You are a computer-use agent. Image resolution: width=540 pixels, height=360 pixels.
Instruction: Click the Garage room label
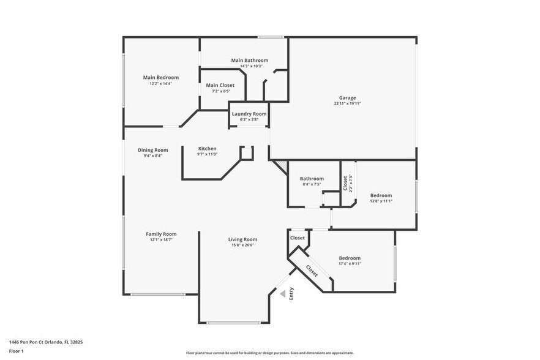347,98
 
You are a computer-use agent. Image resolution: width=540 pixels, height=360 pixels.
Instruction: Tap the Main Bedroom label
161,77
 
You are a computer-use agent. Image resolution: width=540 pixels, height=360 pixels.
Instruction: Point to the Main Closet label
220,85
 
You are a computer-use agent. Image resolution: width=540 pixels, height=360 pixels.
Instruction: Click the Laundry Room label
249,114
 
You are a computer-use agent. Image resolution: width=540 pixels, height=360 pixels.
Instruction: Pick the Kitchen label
207,149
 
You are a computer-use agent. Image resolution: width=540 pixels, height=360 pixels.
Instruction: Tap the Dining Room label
152,150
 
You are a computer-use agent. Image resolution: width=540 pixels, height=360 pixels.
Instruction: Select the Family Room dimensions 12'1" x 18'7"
161,240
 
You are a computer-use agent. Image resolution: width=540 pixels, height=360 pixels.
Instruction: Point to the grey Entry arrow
283,294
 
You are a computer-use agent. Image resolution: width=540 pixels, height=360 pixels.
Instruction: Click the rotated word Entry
291,293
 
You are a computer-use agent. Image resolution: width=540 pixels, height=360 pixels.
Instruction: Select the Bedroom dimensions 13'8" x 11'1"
381,201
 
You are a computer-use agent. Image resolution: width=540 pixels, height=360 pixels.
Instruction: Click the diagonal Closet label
311,271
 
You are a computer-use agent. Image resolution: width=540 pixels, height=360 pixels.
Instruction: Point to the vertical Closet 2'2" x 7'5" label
347,183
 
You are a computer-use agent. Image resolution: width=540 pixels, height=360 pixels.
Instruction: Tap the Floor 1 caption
17,351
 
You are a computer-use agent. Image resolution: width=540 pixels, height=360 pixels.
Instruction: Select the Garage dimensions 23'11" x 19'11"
347,103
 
